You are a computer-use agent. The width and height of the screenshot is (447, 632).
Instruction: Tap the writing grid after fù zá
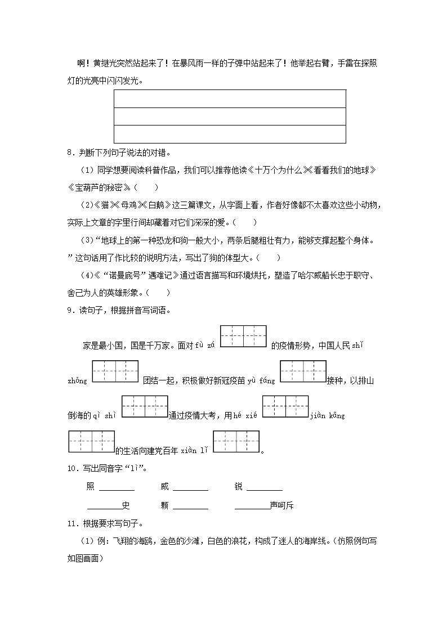pyautogui.click(x=243, y=337)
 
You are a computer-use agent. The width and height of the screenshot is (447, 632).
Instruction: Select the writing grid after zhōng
pyautogui.click(x=115, y=371)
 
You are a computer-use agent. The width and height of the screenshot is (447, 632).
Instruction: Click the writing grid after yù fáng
pyautogui.click(x=303, y=371)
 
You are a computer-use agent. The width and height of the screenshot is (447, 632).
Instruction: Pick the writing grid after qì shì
pyautogui.click(x=145, y=406)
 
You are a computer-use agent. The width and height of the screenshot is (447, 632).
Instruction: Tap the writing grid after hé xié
pyautogui.click(x=285, y=406)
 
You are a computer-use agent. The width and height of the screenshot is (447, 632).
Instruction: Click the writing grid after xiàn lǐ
pyautogui.click(x=236, y=442)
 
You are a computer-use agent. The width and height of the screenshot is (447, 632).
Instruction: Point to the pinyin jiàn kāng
pyautogui.click(x=328, y=415)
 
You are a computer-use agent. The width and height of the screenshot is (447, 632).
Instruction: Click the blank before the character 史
pyautogui.click(x=105, y=506)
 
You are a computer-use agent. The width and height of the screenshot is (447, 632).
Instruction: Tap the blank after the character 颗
pyautogui.click(x=190, y=506)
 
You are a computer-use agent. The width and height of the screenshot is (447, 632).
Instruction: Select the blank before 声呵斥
pyautogui.click(x=252, y=506)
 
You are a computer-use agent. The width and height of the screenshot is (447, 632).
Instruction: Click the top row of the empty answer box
pyautogui.click(x=230, y=98)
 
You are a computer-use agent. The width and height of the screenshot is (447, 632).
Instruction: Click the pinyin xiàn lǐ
pyautogui.click(x=195, y=451)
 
